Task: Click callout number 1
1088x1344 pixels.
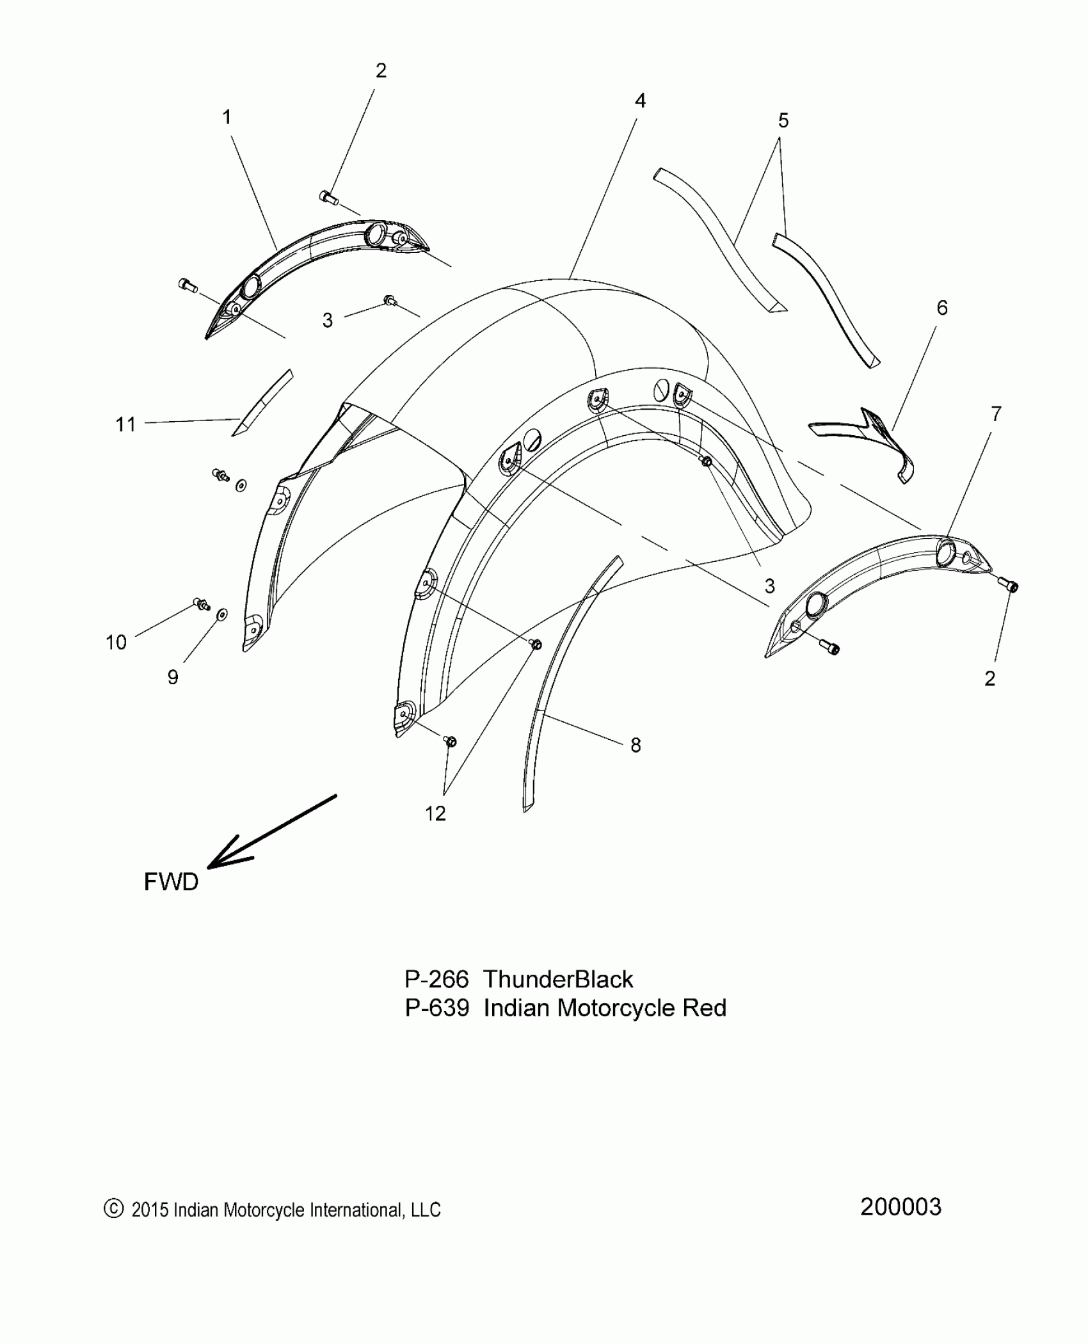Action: click(227, 118)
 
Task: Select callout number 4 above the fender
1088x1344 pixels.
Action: click(640, 100)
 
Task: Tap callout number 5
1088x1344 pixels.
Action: click(783, 120)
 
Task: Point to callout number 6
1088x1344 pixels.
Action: click(942, 308)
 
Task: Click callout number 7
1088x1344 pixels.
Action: click(996, 414)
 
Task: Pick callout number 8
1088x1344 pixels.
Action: click(636, 745)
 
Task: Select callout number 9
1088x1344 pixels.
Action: click(173, 677)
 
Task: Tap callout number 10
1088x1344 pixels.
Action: click(116, 642)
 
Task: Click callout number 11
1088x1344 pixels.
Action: click(126, 424)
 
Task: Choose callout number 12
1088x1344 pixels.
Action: click(435, 813)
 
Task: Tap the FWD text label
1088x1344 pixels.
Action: click(171, 882)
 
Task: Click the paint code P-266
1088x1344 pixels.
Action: click(436, 980)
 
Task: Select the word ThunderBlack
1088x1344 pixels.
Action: click(558, 980)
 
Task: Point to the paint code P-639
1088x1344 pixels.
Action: click(436, 1008)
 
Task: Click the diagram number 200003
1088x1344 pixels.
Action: click(900, 1207)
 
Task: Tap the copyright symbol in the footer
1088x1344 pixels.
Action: click(113, 1208)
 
